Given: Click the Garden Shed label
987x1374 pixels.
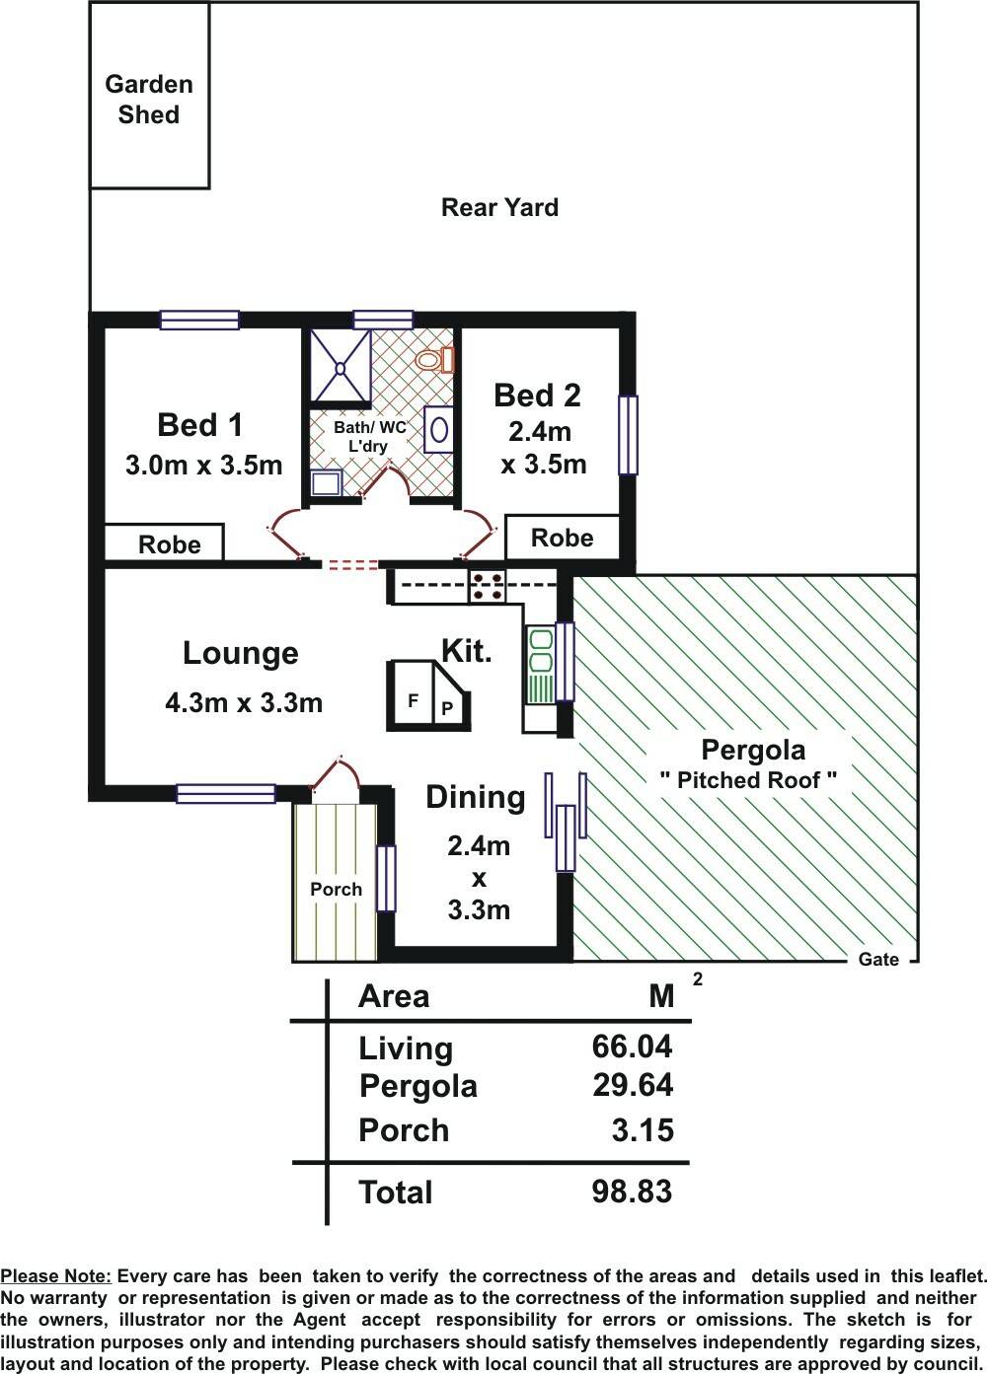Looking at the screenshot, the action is tap(148, 100).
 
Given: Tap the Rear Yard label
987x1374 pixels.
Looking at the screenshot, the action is tap(499, 207).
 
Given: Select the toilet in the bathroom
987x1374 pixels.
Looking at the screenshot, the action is tap(434, 359).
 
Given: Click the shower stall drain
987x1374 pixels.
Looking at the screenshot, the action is tap(340, 368).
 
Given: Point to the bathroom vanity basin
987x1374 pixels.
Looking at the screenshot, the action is tap(439, 429).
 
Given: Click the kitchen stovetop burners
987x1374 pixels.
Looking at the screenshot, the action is tap(488, 587).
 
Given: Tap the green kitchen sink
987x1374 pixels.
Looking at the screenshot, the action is tap(541, 664).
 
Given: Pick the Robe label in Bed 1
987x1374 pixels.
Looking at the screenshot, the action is tap(170, 544).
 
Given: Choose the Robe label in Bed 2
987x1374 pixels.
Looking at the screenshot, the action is tap(563, 538).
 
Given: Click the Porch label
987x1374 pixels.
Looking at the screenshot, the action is tap(336, 889).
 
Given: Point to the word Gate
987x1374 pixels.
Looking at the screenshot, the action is tap(878, 960).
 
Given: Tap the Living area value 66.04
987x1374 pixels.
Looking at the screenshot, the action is tap(633, 1047).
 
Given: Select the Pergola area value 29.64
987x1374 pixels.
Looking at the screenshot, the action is tap(633, 1085).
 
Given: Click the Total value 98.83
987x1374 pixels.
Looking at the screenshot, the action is tap(633, 1192).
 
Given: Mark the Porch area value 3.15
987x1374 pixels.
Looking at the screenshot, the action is tap(643, 1129).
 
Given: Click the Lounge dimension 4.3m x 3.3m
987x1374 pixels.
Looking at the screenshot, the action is tap(244, 702).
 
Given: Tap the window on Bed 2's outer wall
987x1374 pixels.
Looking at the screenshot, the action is tap(628, 435).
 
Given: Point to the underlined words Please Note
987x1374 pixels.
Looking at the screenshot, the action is tap(56, 1276).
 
